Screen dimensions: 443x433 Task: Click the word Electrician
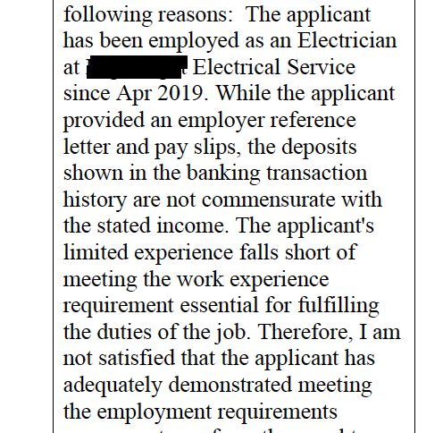[x=344, y=41]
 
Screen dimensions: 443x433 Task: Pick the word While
[x=252, y=92]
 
